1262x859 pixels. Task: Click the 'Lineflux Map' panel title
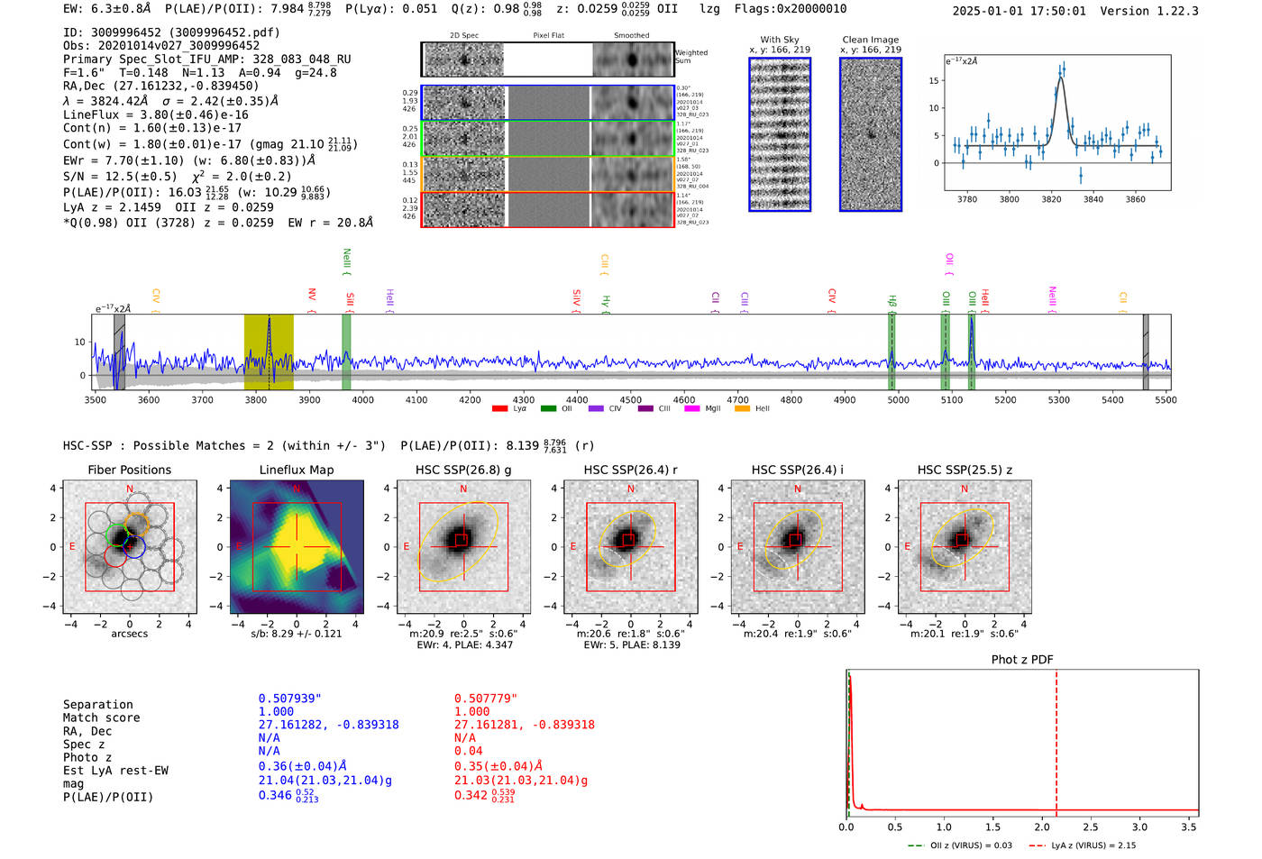coord(296,470)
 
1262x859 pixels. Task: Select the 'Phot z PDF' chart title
coord(1022,660)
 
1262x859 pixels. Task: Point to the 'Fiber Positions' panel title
coord(129,470)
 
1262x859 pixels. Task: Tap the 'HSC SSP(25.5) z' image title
coord(965,470)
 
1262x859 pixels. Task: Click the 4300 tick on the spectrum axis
coord(524,399)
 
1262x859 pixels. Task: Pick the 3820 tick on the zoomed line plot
coord(1051,199)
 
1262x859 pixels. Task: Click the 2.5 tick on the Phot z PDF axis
coord(1091,827)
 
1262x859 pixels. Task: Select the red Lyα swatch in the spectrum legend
coord(500,409)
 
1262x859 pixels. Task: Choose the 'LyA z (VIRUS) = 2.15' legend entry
coord(1093,845)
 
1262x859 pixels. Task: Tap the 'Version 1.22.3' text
coord(1149,11)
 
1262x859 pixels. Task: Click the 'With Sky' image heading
coord(780,40)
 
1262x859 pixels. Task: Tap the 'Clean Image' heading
coord(870,40)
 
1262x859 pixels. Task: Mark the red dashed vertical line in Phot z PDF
coord(1056,739)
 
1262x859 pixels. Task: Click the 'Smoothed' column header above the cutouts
coord(631,35)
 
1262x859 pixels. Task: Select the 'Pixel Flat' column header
coord(548,35)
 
